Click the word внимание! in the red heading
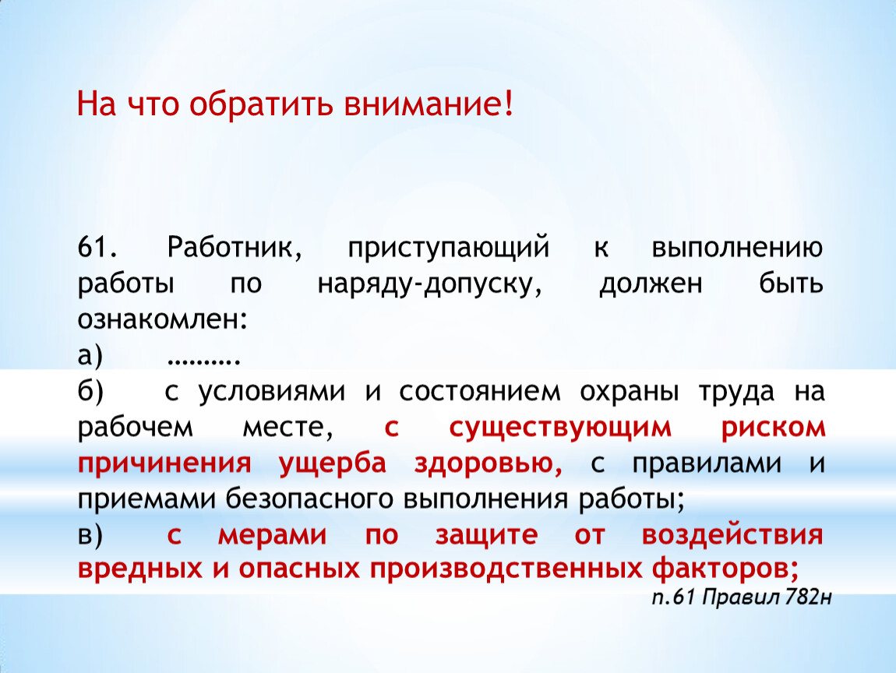(429, 104)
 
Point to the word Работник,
(235, 247)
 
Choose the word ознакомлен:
(163, 320)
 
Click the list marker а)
(90, 356)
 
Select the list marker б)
(90, 391)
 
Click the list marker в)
(90, 535)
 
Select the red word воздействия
(732, 535)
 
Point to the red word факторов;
(725, 569)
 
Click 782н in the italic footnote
(809, 597)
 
